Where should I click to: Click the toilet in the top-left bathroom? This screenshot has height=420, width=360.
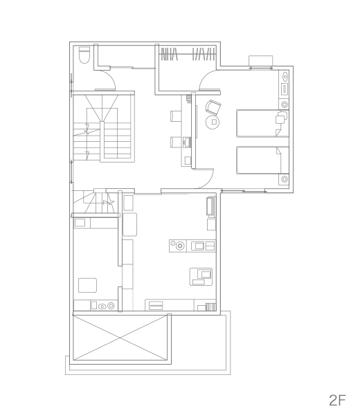coord(84,55)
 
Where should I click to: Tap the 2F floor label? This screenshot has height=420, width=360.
coord(337,400)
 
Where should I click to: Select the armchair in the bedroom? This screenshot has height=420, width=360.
coord(213,107)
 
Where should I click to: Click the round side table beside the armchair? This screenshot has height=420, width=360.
coord(213,122)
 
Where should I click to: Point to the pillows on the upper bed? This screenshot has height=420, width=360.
coord(281,118)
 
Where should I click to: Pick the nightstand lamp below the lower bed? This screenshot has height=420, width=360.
coord(284,179)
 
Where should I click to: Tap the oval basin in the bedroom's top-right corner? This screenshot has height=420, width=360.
coord(285,77)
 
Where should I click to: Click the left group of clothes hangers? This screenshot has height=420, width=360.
coord(169,54)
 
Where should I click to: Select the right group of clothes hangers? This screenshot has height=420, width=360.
coord(204,54)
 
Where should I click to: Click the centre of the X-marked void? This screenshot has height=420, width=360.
coord(120,338)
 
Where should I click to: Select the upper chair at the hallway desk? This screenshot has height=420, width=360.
coord(176,116)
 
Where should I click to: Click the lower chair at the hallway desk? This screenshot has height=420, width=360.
coord(176,143)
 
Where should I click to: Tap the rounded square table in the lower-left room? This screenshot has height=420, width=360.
coord(88,285)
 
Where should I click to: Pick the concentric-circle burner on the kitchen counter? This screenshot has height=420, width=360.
coord(180,246)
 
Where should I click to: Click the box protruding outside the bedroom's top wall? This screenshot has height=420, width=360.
coord(260,60)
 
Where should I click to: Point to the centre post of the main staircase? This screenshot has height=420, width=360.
coord(102,141)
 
